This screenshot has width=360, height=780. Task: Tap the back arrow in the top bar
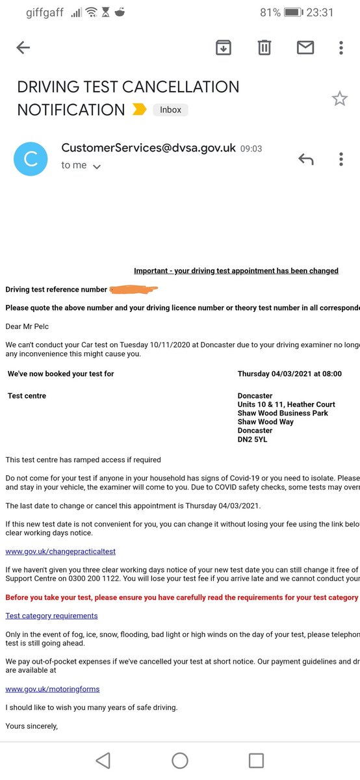23,47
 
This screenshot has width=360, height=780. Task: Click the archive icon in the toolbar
224,47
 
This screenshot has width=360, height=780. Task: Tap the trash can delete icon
264,47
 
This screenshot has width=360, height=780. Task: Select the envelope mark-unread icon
305,47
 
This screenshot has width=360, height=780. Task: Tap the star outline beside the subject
339,99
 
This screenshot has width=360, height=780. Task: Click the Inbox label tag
171,110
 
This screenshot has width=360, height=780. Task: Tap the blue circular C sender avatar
31,159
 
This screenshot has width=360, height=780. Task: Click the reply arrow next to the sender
305,159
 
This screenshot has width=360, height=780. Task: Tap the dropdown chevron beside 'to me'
97,166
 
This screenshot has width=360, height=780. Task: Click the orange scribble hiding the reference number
133,289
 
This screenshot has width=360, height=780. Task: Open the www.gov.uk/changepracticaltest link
60,551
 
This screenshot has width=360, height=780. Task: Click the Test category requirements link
51,616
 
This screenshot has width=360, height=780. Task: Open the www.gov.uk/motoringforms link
53,688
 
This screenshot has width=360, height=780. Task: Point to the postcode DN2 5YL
252,439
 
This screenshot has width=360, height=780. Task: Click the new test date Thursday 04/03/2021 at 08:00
289,374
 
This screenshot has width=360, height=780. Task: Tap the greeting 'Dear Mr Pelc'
27,326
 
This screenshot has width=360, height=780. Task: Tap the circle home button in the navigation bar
180,760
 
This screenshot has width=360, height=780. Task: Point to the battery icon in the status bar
293,12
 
